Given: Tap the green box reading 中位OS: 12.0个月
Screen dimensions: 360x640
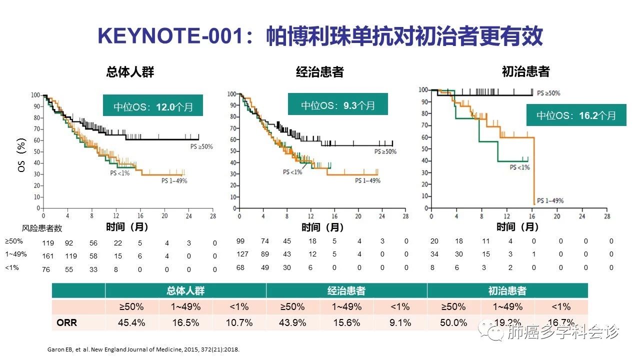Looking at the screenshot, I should click(x=153, y=106).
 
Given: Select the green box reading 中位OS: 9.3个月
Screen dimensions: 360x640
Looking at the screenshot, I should click(x=337, y=105).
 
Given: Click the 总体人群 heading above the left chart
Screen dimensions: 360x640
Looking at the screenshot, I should click(x=130, y=72).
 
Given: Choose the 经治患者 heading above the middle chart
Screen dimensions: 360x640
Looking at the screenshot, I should click(x=319, y=72).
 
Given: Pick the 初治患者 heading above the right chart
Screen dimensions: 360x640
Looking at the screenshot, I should click(x=525, y=72).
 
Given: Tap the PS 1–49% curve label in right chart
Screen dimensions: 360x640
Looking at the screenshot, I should click(x=550, y=200).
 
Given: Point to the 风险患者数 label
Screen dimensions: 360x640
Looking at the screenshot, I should click(x=42, y=228).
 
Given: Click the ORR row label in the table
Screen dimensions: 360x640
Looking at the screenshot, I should click(x=66, y=322).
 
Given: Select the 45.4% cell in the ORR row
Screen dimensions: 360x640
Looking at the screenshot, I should click(x=132, y=322).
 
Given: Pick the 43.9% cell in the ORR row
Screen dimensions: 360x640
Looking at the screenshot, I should click(x=293, y=322).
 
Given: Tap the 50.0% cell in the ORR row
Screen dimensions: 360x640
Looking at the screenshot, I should click(x=453, y=322).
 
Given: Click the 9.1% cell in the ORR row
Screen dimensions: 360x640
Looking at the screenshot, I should click(x=400, y=322).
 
